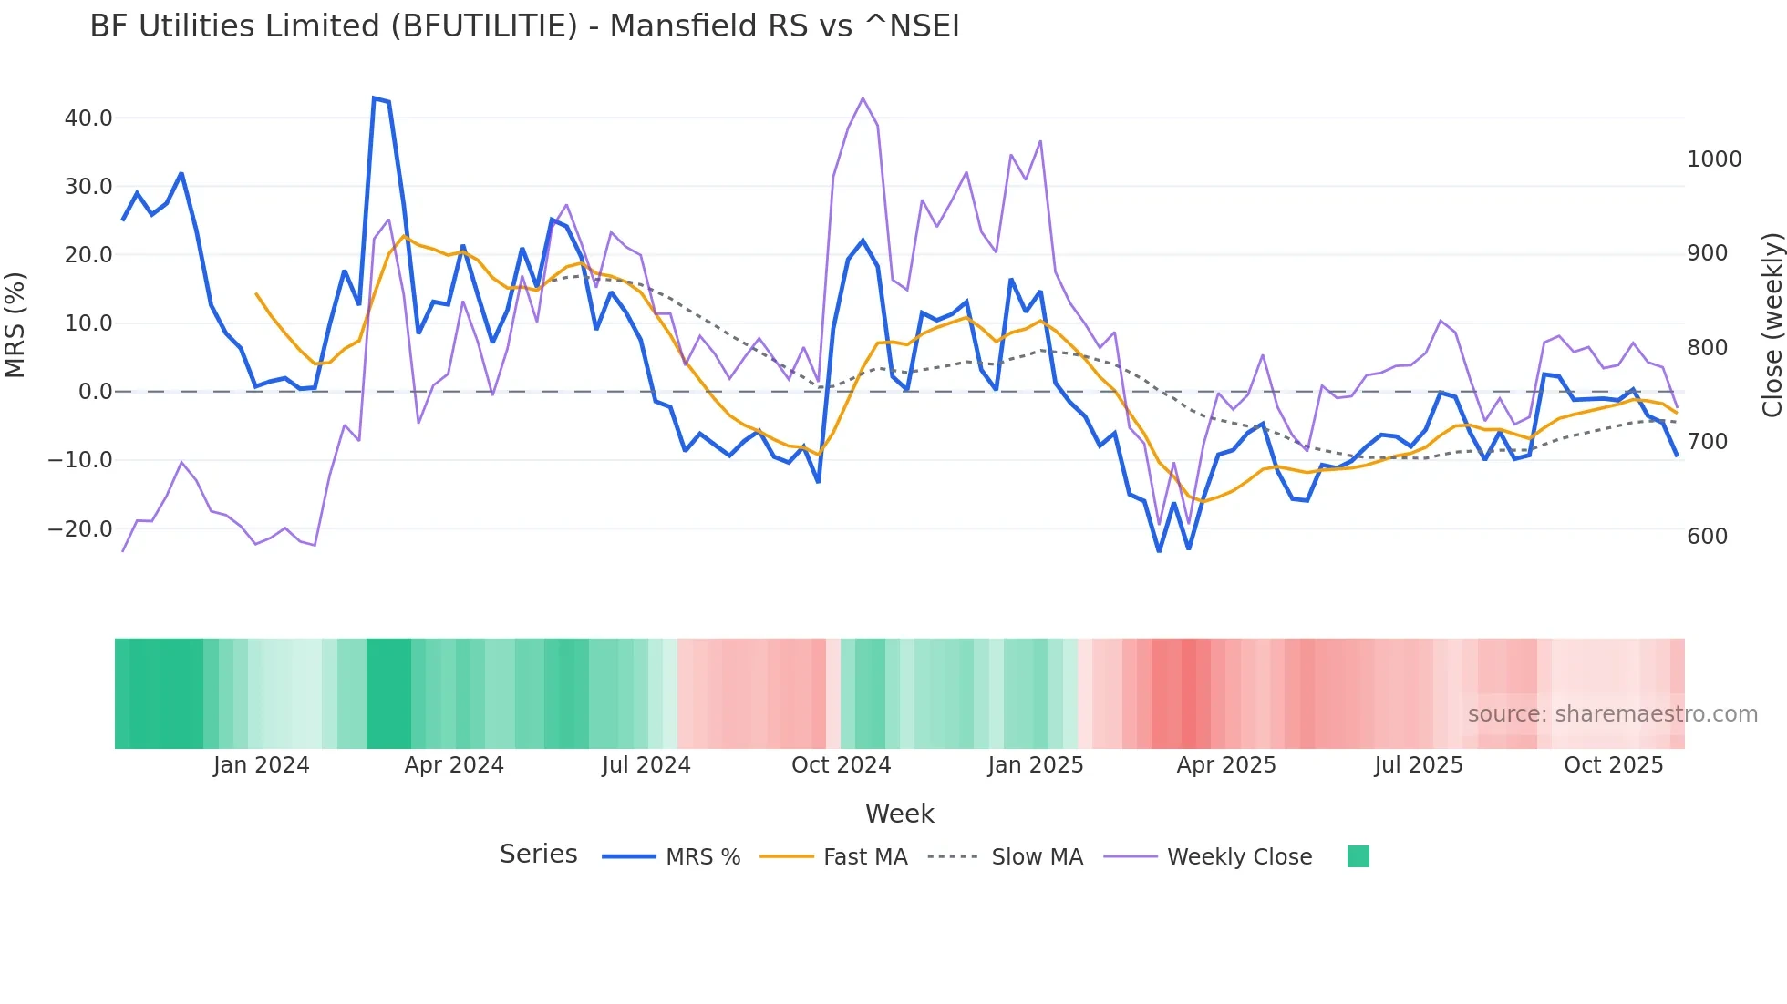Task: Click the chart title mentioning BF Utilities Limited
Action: [524, 26]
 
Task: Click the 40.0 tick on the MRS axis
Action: [88, 118]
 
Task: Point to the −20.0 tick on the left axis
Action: [81, 528]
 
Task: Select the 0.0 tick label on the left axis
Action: [96, 392]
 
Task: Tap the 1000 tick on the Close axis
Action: [1714, 159]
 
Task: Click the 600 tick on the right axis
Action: [1707, 537]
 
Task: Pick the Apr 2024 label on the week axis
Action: [454, 765]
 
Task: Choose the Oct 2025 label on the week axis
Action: [1613, 765]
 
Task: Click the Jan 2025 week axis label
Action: [1035, 765]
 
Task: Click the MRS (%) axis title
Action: [15, 325]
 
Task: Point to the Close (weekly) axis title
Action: [1772, 325]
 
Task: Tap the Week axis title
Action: [899, 814]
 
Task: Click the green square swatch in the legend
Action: [1358, 856]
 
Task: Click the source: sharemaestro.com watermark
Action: [1612, 714]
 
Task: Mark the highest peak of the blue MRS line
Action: [375, 97]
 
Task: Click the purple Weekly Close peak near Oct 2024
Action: [863, 98]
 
